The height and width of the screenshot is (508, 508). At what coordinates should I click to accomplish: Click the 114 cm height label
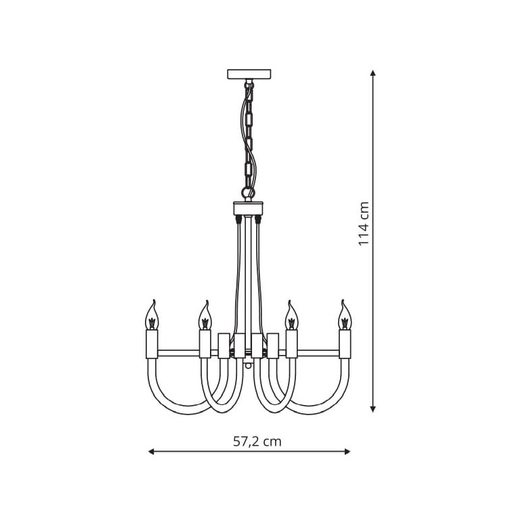coord(364,224)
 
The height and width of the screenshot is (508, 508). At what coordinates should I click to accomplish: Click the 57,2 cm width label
coord(257,442)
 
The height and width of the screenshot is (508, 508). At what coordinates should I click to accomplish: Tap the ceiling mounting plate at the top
coord(249,75)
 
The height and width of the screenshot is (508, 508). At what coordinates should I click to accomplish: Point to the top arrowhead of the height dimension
coord(373,72)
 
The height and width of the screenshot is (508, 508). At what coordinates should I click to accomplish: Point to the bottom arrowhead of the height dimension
coord(373,409)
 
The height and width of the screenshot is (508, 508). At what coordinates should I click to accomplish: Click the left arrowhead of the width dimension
coord(151,452)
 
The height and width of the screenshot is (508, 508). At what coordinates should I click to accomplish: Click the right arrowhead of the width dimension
coord(347,452)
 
